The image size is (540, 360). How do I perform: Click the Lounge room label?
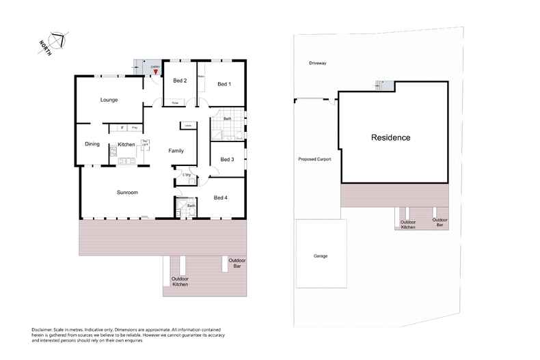click(x=109, y=100)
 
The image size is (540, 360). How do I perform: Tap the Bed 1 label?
click(x=224, y=84)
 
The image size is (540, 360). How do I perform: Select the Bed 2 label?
click(x=179, y=81)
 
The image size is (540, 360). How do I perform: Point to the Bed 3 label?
click(x=227, y=160)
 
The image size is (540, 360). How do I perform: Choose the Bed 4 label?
click(x=221, y=198)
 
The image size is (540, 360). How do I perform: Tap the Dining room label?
click(x=92, y=144)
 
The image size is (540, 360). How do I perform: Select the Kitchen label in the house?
click(x=126, y=144)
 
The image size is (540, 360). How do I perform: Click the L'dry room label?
click(x=187, y=175)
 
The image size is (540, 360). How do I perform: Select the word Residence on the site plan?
click(x=391, y=137)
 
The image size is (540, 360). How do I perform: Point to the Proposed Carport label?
click(x=315, y=159)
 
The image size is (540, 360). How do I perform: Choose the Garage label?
click(x=321, y=256)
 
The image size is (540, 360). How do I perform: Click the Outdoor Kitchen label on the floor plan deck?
click(x=180, y=281)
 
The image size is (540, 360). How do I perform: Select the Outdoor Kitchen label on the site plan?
click(x=408, y=224)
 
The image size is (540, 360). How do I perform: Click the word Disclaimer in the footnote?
click(x=43, y=329)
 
